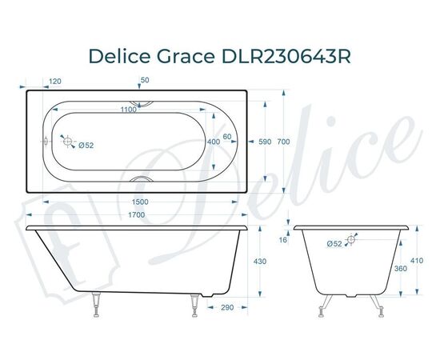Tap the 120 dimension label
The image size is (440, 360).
click(55, 82)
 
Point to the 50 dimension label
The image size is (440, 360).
click(145, 81)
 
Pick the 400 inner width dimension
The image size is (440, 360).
click(213, 142)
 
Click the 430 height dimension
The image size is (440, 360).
click(260, 262)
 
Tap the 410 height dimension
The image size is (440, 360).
click(417, 261)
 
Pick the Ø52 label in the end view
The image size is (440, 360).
click(334, 243)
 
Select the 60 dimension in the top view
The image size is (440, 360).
click(227, 137)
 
